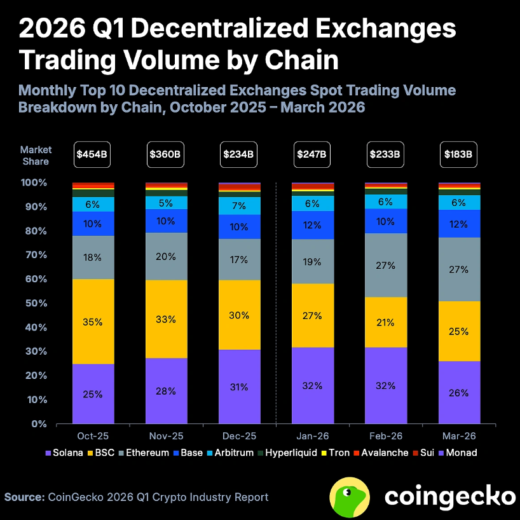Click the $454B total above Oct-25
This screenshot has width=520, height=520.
pyautogui.click(x=93, y=154)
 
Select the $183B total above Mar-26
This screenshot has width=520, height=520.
pyautogui.click(x=458, y=154)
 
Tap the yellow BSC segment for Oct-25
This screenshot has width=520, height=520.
pyautogui.click(x=93, y=321)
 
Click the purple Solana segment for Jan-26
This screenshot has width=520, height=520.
pyautogui.click(x=312, y=385)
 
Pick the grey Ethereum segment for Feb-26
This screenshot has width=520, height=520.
pyautogui.click(x=385, y=265)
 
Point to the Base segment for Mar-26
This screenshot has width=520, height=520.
pyautogui.click(x=458, y=223)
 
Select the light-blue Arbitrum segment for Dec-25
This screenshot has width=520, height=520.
pyautogui.click(x=239, y=206)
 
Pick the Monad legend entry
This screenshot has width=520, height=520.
pyautogui.click(x=458, y=453)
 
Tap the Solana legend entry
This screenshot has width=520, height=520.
pyautogui.click(x=65, y=453)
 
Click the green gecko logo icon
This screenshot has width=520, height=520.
pyautogui.click(x=350, y=496)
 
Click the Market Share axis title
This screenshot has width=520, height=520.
pyautogui.click(x=36, y=156)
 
